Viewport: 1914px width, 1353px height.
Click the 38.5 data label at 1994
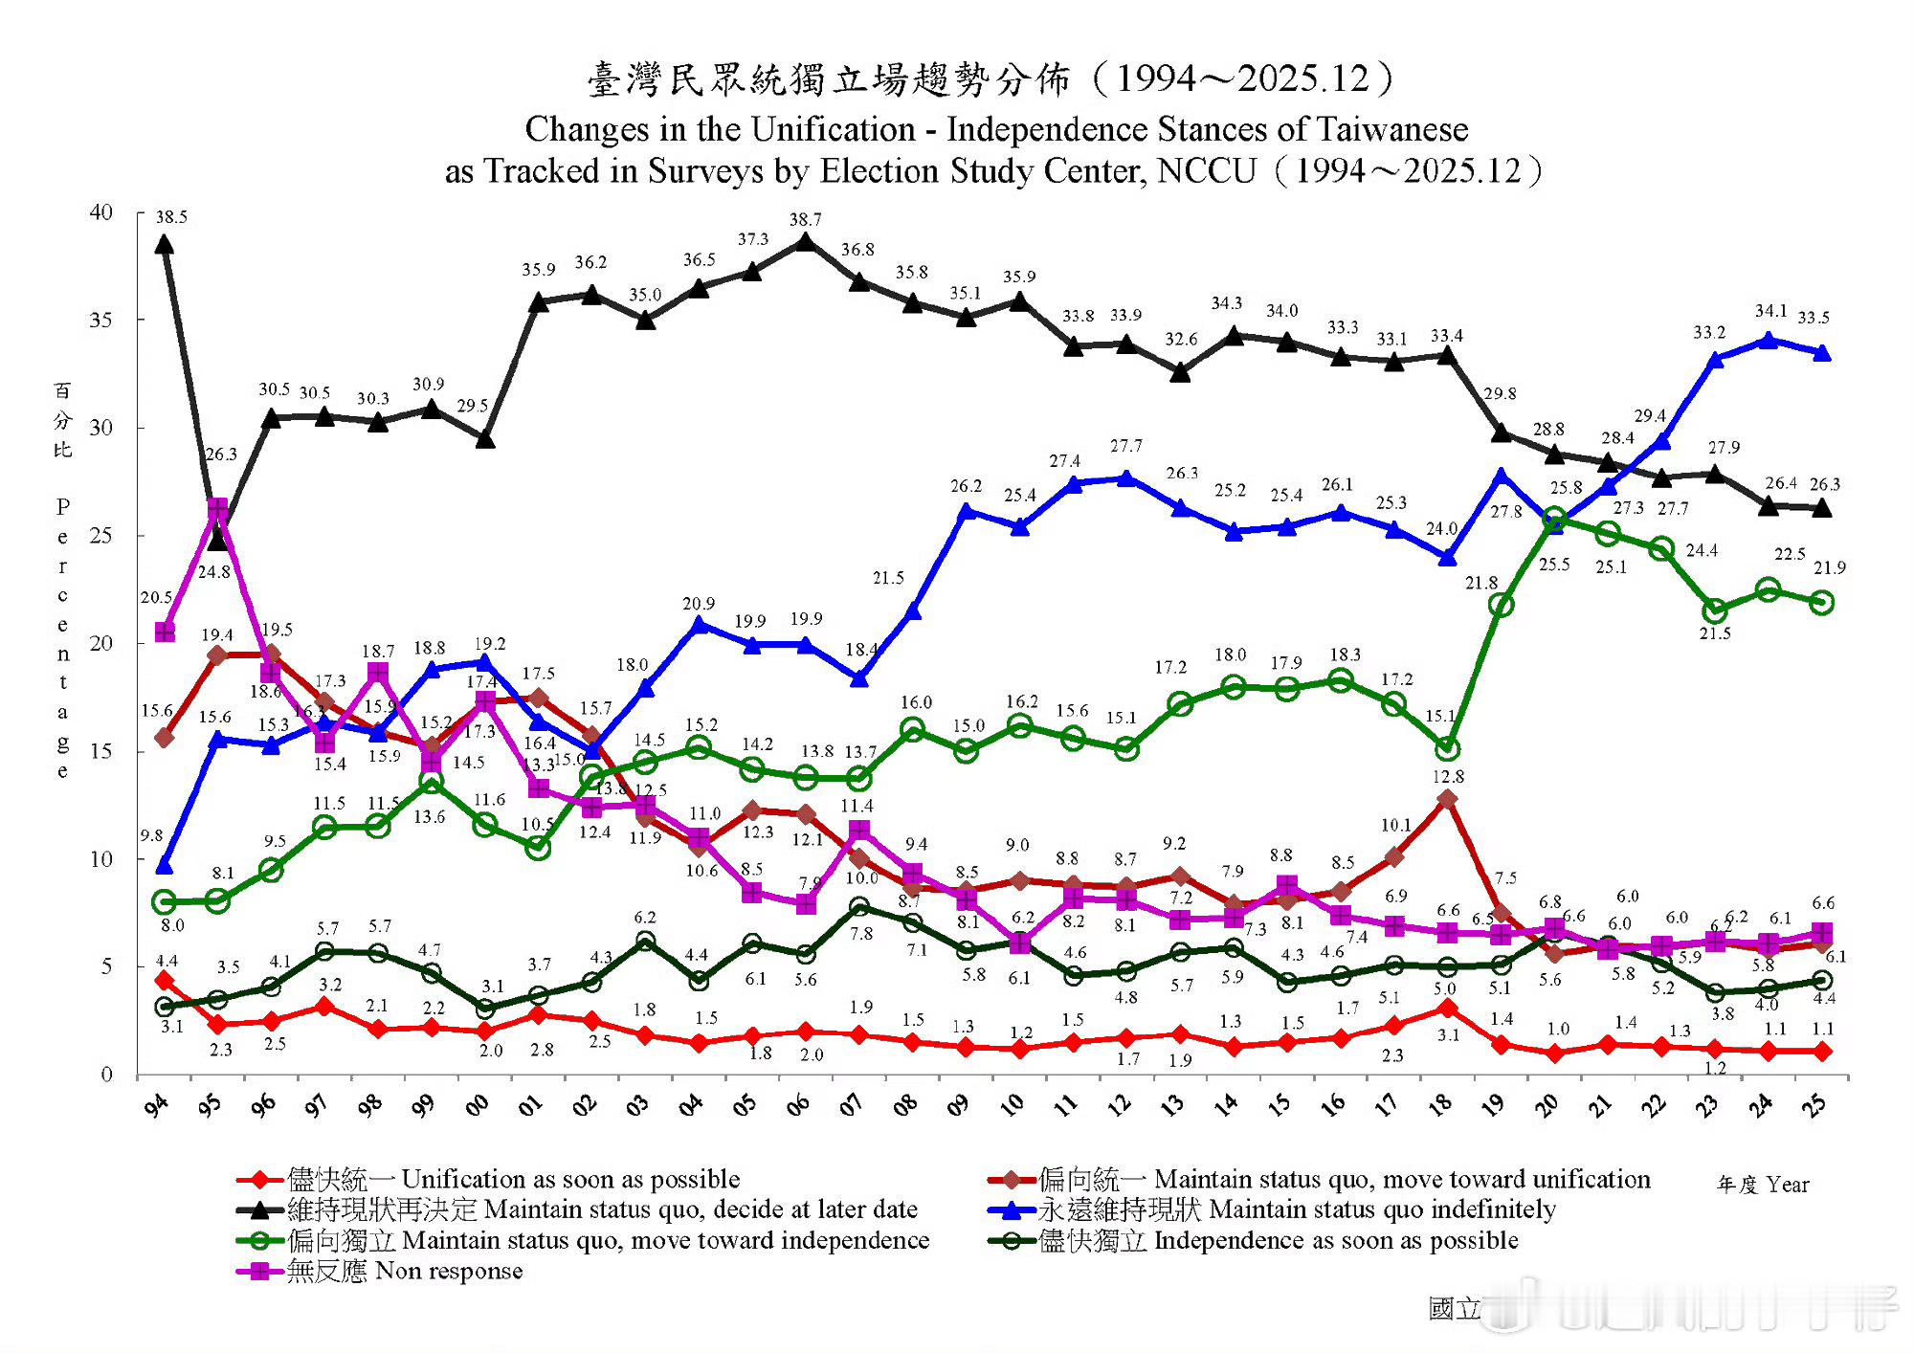click(x=171, y=217)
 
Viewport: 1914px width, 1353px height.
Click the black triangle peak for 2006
click(x=806, y=242)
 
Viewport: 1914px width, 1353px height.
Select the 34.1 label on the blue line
click(x=1770, y=311)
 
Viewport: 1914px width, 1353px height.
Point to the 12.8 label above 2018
click(x=1448, y=777)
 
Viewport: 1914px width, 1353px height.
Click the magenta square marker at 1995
click(x=218, y=507)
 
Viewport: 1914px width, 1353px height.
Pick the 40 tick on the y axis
click(x=101, y=211)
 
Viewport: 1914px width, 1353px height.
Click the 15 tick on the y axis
click(x=101, y=751)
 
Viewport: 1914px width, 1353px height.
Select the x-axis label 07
click(x=852, y=1105)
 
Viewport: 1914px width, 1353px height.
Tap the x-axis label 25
click(x=1814, y=1105)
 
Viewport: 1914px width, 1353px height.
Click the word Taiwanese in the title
click(x=1391, y=129)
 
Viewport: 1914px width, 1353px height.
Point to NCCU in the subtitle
click(x=1206, y=171)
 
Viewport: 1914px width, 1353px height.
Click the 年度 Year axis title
click(x=1762, y=1185)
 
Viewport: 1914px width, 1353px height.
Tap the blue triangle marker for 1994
click(x=165, y=866)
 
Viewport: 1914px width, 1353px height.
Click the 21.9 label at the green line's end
click(x=1829, y=567)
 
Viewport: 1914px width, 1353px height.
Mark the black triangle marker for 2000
click(x=485, y=439)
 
